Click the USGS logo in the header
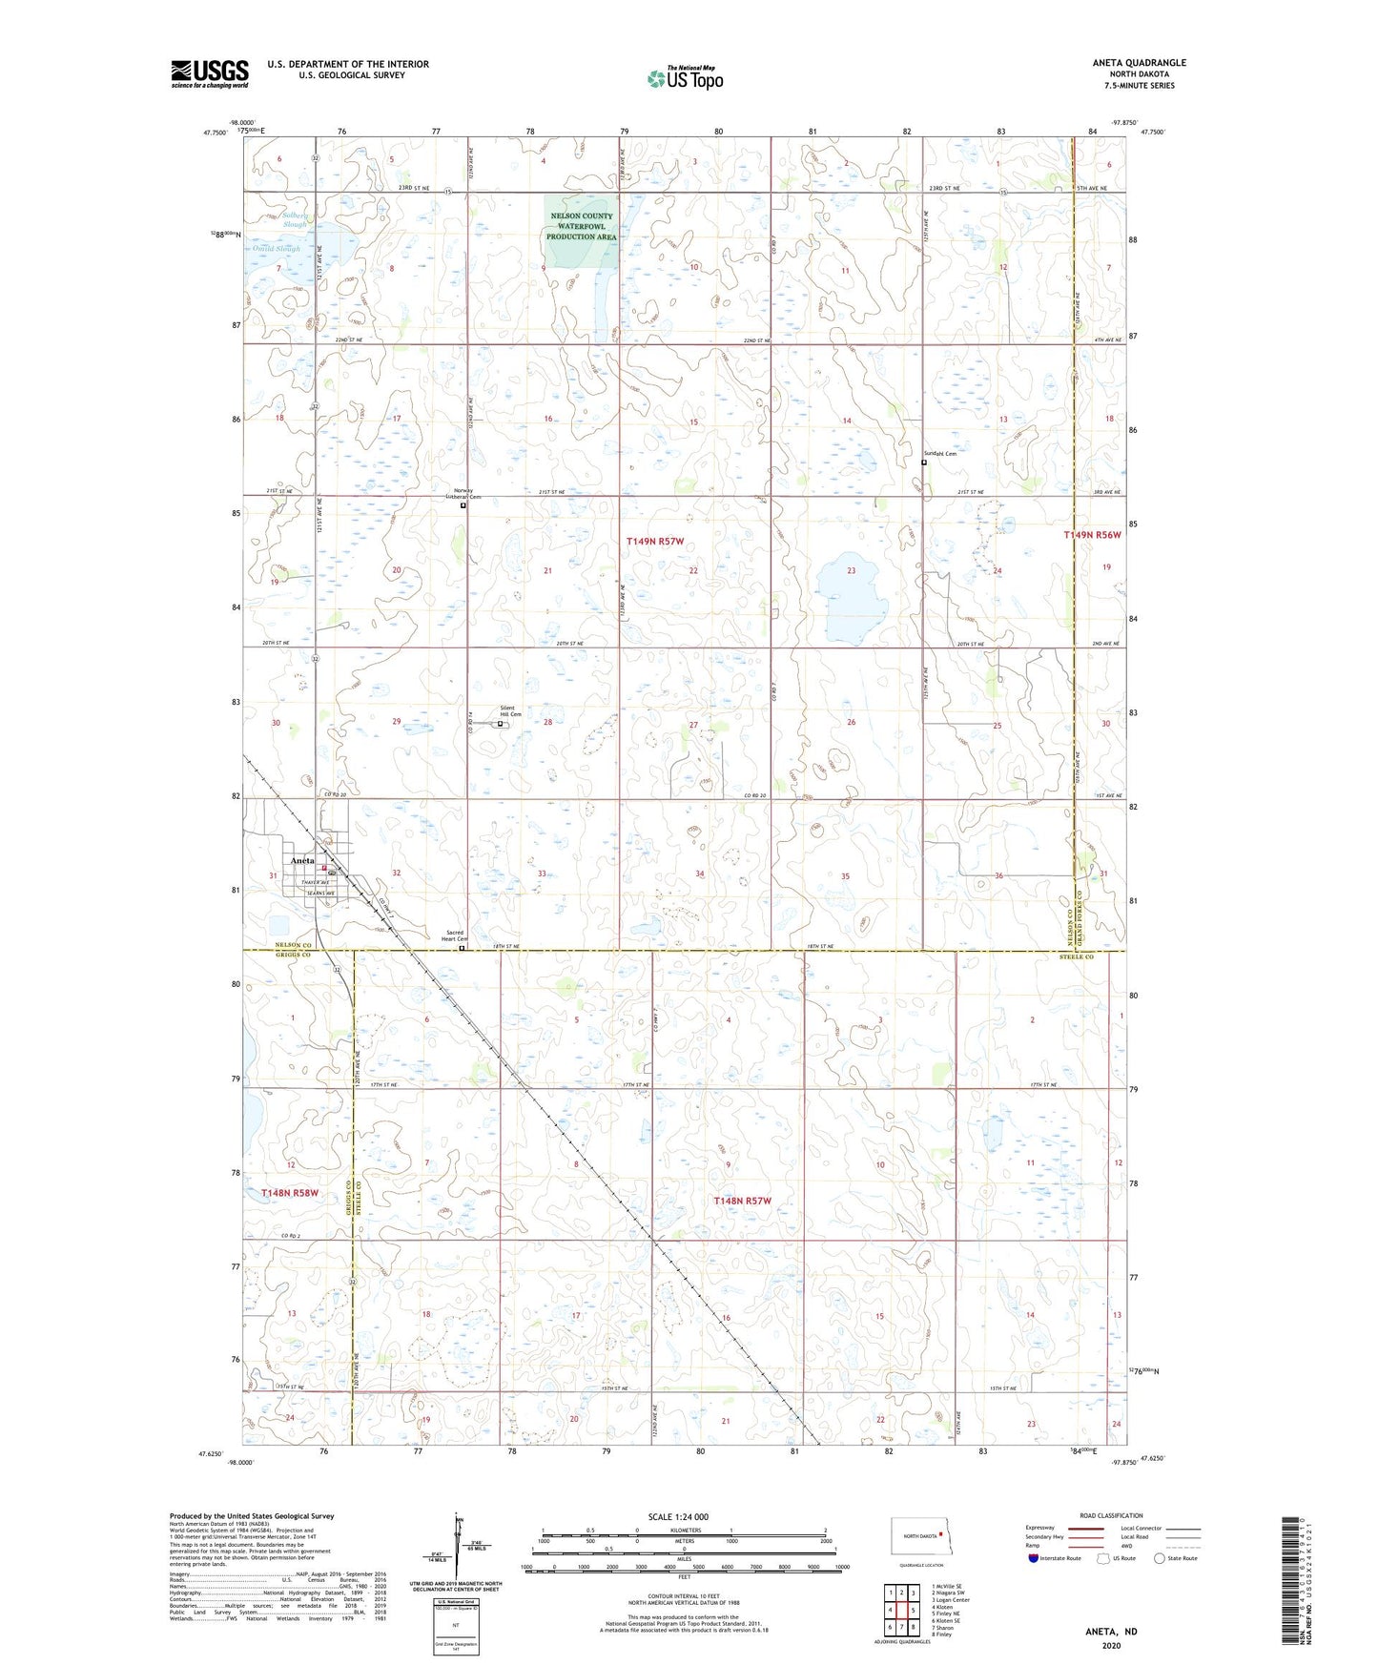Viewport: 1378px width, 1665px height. [210, 73]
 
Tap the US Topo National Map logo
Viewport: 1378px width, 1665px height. [685, 78]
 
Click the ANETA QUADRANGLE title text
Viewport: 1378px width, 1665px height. [1139, 63]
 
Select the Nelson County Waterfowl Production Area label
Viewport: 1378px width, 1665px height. [581, 227]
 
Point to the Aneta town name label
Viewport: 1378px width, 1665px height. [302, 860]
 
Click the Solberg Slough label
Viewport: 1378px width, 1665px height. [295, 219]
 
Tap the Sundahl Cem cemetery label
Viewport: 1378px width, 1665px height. [939, 454]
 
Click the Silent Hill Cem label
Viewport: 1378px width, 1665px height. [511, 710]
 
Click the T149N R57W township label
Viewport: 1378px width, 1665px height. [655, 542]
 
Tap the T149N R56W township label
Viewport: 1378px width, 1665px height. [1092, 536]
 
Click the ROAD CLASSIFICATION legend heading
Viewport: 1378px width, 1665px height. [1111, 1515]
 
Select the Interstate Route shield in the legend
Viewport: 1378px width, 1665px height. [1034, 1558]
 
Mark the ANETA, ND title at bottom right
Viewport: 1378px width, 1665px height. [1111, 1632]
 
